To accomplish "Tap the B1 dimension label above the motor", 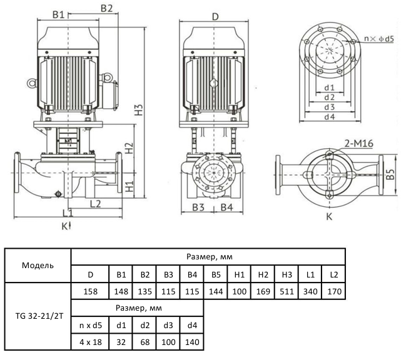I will coord(59,14).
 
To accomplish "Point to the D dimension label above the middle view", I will coord(214,16).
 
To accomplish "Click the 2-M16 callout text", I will coord(358,144).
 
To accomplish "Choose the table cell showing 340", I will coord(309,291).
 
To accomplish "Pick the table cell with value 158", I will coord(90,291).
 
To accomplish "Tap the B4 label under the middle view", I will coord(226,207).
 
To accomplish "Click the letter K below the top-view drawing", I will coord(329,217).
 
